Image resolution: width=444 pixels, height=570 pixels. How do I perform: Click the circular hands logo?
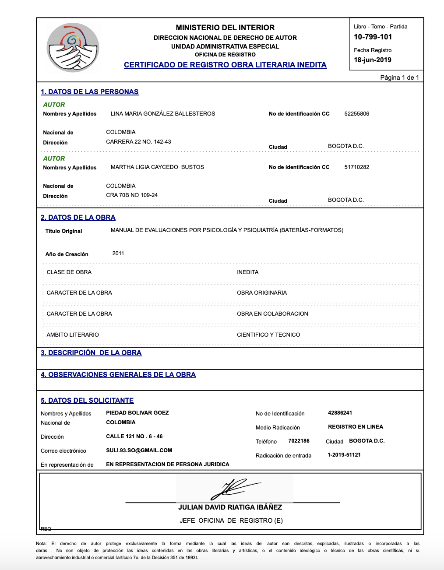tap(73, 47)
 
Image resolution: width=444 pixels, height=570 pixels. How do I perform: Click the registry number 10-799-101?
tap(373, 37)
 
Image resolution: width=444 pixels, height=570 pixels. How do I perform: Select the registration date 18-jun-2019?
tap(372, 60)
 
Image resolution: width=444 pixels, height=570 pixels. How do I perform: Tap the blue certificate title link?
tap(225, 65)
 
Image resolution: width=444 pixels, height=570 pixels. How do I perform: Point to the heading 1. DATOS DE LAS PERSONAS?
tap(89, 92)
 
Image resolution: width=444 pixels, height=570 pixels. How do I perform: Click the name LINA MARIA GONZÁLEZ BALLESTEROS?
tap(162, 114)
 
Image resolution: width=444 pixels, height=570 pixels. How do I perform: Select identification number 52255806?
tap(356, 114)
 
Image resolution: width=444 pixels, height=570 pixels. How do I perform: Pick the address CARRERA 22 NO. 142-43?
tap(138, 142)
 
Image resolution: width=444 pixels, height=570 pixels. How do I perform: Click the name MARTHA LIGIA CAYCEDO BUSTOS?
tap(157, 167)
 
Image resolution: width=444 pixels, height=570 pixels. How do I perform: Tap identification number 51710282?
tap(356, 167)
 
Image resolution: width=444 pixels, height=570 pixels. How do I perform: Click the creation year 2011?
tap(118, 253)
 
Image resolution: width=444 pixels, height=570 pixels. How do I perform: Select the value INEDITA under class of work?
tap(247, 272)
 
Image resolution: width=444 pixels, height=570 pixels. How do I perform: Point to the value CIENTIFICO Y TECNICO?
tap(268, 335)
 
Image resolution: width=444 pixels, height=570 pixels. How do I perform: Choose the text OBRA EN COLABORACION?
tap(272, 314)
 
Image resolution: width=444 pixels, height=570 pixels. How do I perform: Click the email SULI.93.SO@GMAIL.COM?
tap(139, 450)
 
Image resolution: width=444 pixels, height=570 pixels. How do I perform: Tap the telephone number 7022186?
tap(299, 441)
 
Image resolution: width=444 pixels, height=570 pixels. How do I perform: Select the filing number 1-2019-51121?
tap(344, 455)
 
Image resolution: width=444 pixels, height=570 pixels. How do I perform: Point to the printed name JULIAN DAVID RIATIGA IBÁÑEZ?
tap(230, 507)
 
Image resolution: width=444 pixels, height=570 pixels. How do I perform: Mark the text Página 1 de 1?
tap(399, 77)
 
